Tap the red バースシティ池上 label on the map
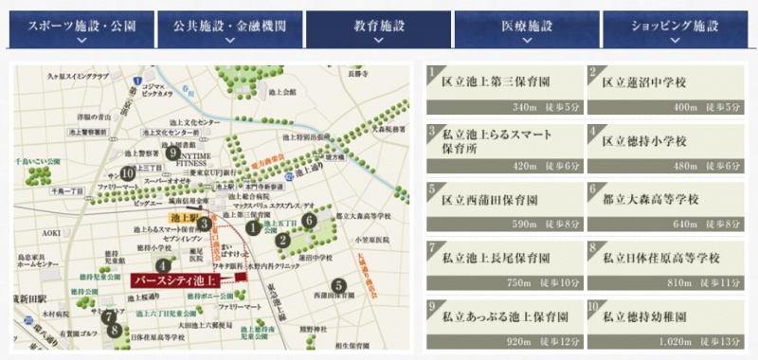click(181, 280)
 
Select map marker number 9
click(172, 152)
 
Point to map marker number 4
click(164, 266)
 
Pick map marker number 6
click(310, 221)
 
